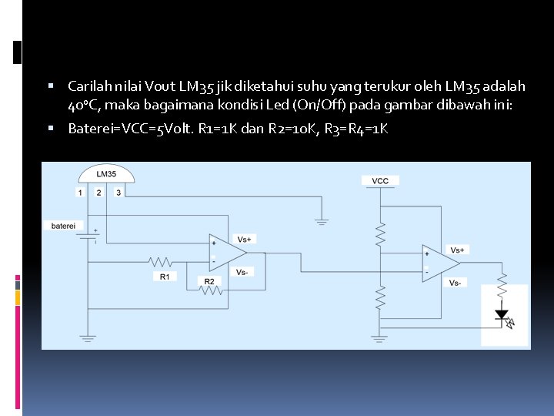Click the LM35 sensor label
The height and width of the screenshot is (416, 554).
[106, 174]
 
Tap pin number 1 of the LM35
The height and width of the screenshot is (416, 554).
[80, 192]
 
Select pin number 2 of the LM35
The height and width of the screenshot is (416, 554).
[99, 192]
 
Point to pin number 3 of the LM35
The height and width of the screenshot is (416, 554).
[118, 192]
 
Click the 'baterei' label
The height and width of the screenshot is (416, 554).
[63, 226]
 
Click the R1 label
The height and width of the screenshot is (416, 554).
[165, 276]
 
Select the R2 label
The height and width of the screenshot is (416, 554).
[209, 281]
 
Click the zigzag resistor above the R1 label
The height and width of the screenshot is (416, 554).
[163, 261]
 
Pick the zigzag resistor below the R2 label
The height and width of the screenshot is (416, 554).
[210, 291]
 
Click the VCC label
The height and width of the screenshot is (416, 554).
[380, 181]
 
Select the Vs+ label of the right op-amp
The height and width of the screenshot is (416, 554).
[457, 250]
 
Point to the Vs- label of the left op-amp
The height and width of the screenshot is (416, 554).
[242, 272]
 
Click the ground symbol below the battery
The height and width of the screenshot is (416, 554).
[87, 337]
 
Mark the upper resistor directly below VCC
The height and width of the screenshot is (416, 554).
[380, 233]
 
